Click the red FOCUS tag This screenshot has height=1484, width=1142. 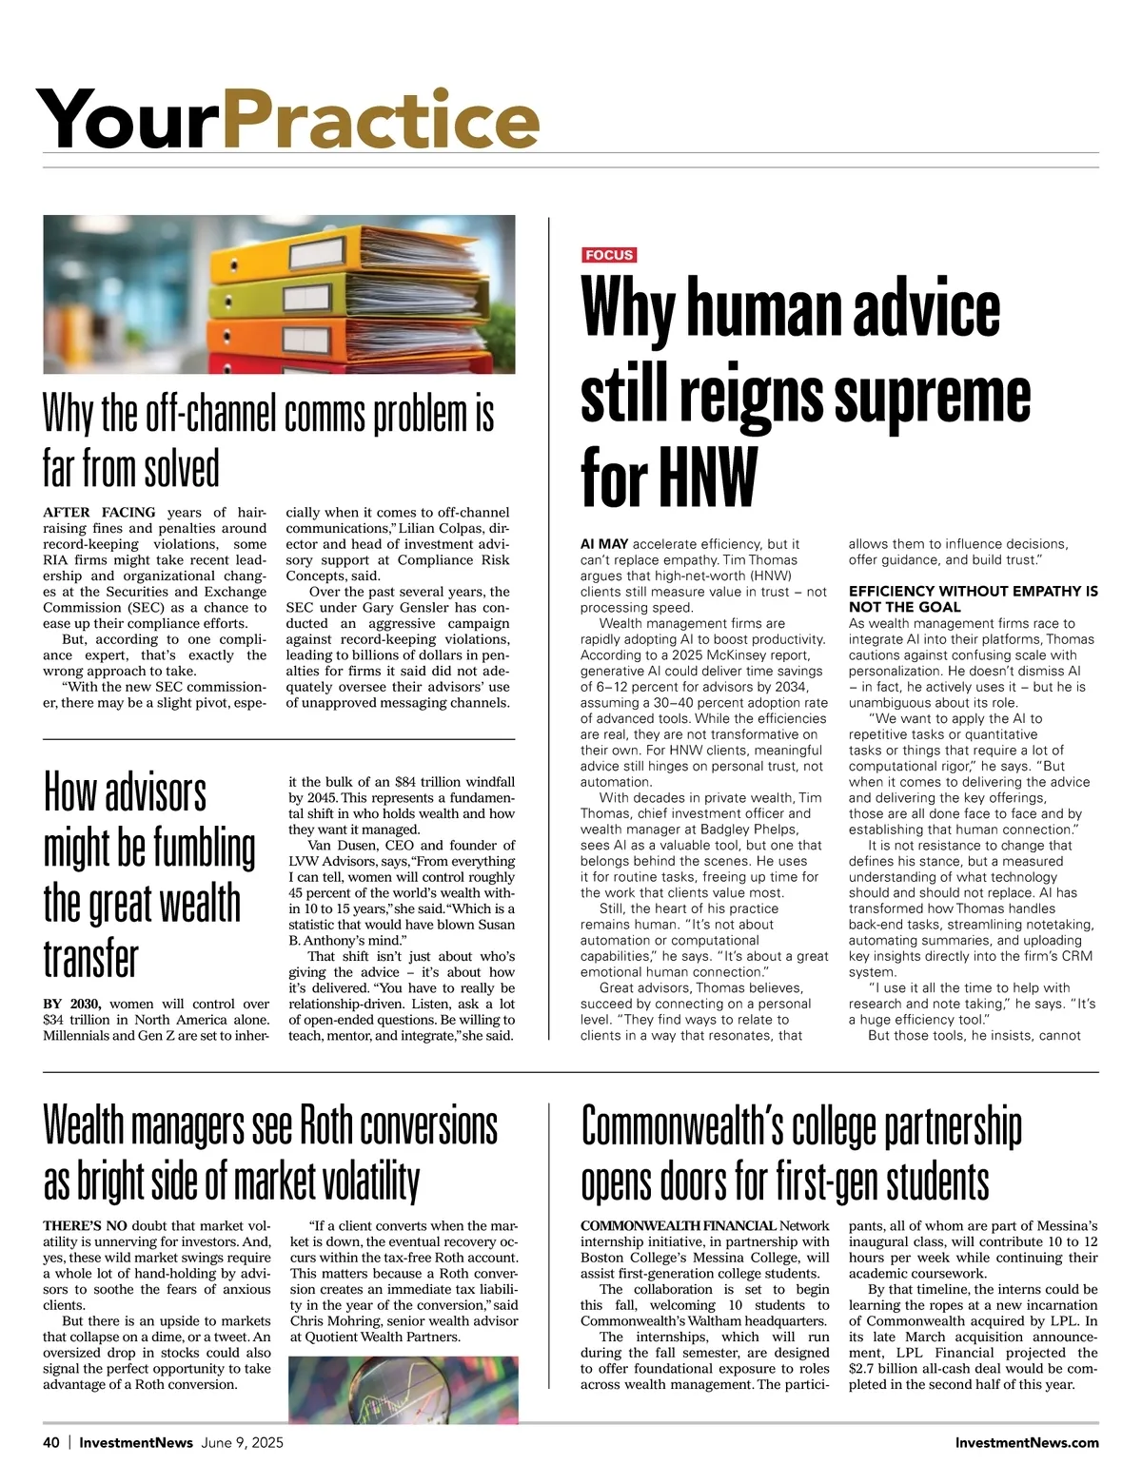(x=609, y=255)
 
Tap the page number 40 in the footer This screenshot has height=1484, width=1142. (x=51, y=1442)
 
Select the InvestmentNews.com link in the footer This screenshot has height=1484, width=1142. (x=1027, y=1442)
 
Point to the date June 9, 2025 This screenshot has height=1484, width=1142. (x=243, y=1442)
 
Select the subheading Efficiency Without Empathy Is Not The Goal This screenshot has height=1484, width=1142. (x=973, y=599)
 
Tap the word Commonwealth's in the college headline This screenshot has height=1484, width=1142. (x=681, y=1127)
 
